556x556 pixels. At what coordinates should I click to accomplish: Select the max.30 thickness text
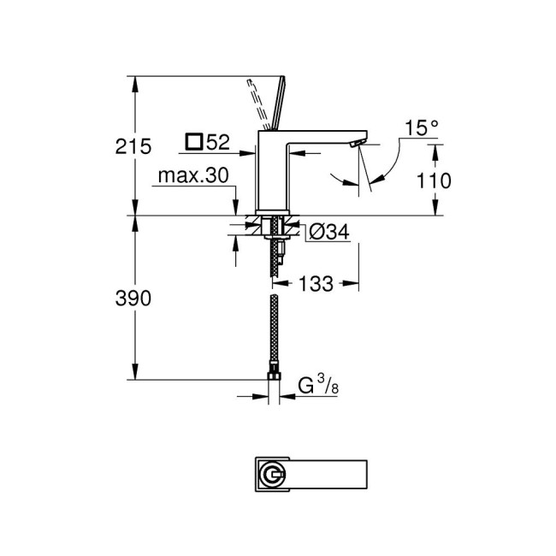tap(193, 176)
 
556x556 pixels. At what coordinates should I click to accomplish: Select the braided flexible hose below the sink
tap(273, 334)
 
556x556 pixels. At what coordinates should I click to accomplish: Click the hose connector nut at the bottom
tap(273, 377)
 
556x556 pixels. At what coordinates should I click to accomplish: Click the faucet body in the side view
tap(274, 171)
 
